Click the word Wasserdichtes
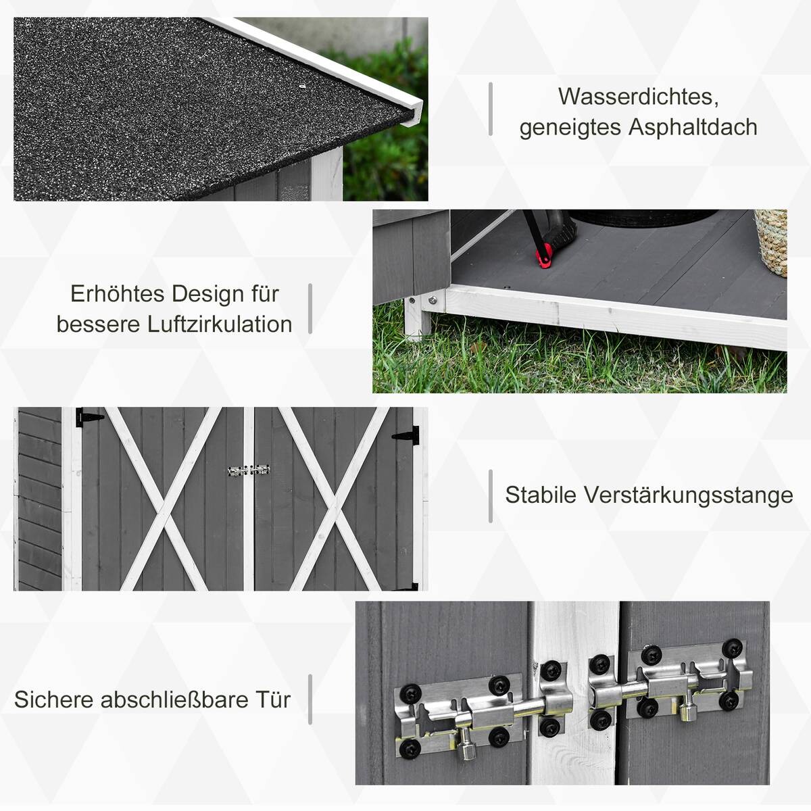coord(638,97)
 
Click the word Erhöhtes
coord(118,294)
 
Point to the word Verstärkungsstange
coord(688,495)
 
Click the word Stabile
coord(541,495)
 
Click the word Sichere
coord(54,699)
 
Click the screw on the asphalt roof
coord(302,87)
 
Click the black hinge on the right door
coord(407,435)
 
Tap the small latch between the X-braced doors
coord(249,470)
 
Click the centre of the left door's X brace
coord(162,499)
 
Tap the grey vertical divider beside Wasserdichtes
coord(491,109)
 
